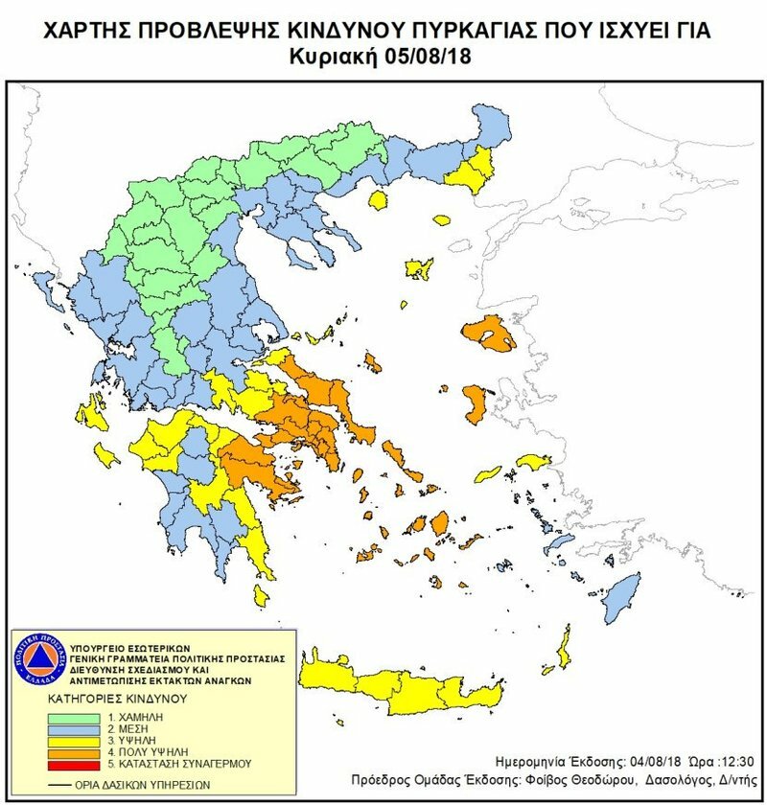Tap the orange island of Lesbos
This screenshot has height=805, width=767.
point(488,333)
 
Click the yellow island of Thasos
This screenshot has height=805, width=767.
point(378,200)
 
